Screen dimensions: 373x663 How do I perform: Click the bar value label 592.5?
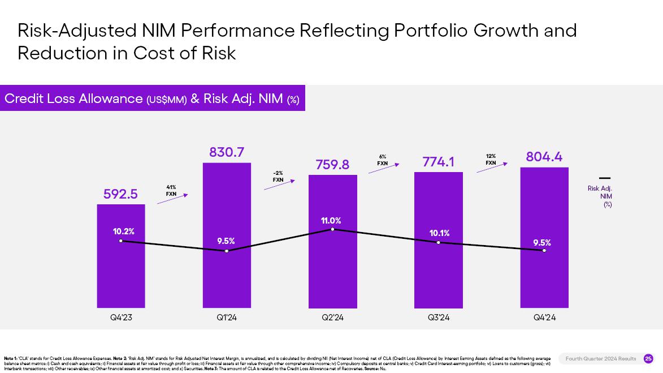coord(120,194)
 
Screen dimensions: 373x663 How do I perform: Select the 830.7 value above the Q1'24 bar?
coord(227,152)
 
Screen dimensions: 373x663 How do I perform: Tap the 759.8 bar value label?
coord(332,165)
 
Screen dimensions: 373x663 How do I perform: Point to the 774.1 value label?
coord(439,162)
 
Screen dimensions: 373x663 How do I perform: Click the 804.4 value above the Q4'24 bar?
coord(544,157)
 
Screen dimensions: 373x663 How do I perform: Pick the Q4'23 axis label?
coord(121,318)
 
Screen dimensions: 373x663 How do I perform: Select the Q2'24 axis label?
coord(332,318)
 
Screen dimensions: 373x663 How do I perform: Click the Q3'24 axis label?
coord(439,318)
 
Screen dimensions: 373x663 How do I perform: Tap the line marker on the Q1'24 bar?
coord(227,251)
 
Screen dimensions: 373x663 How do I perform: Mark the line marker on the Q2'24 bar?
coord(332,229)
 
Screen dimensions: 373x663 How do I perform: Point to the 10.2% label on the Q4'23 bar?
coord(123,231)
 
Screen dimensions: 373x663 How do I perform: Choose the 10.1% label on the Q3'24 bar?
coord(439,233)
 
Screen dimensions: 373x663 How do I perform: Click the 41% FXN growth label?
coord(171,190)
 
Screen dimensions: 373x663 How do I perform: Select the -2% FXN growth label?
coord(278,176)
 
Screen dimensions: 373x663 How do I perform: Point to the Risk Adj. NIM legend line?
coord(605,178)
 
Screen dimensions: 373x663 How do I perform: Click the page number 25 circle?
coord(648,358)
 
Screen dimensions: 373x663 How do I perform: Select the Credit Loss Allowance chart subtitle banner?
coord(152,98)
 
